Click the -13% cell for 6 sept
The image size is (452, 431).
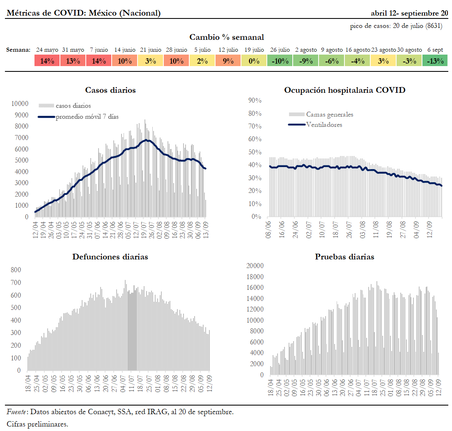pyautogui.click(x=435, y=61)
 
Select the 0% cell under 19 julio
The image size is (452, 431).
pyautogui.click(x=254, y=61)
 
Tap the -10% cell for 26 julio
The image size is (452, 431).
pyautogui.click(x=280, y=61)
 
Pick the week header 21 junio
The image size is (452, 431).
pyautogui.click(x=150, y=50)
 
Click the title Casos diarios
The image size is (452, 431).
pyautogui.click(x=110, y=90)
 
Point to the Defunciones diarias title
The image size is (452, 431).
pyautogui.click(x=110, y=257)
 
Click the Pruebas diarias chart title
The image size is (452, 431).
pyautogui.click(x=344, y=257)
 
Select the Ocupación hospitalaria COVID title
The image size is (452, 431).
pyautogui.click(x=344, y=90)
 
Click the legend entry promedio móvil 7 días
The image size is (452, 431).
pyautogui.click(x=87, y=117)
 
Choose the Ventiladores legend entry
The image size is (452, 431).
pyautogui.click(x=324, y=124)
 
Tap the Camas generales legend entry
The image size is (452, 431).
pyautogui.click(x=329, y=115)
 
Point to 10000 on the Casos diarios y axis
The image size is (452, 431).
pyautogui.click(x=20, y=104)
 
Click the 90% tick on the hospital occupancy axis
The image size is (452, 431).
pyautogui.click(x=255, y=101)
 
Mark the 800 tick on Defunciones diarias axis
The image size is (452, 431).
pyautogui.click(x=16, y=270)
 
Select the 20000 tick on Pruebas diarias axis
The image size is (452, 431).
pyautogui.click(x=255, y=266)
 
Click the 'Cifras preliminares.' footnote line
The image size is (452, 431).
pyautogui.click(x=37, y=424)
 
